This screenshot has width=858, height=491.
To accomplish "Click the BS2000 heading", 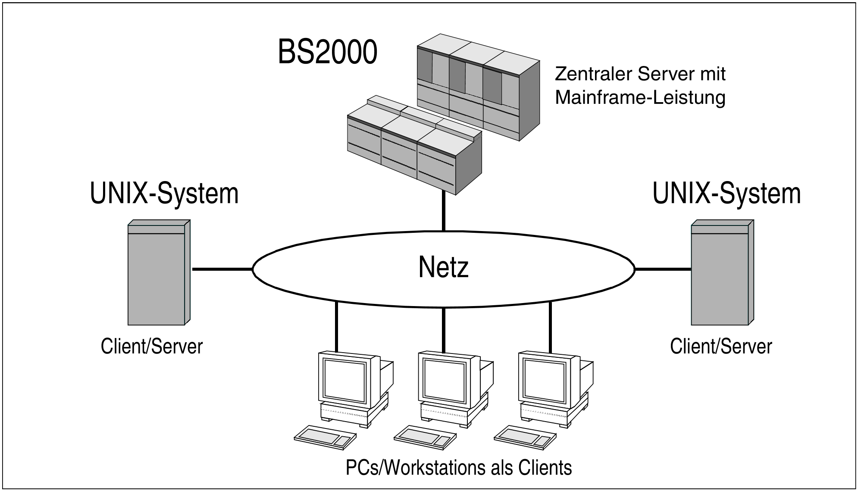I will point(327,52).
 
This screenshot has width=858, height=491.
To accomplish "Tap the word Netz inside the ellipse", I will point(443,267).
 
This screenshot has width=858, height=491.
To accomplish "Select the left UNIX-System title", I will point(164,193).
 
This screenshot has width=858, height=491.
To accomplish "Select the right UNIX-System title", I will point(726,193).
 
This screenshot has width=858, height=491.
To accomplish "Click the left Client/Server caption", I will point(151,346).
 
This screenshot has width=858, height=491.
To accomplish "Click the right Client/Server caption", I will point(721,346).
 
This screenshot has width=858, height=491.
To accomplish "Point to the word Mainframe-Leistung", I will point(640,97).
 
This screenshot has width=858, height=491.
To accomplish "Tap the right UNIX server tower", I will point(720,276).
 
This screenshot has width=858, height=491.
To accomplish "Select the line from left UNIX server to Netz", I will point(222,269).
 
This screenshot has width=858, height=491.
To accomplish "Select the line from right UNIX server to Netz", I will point(663,269).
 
